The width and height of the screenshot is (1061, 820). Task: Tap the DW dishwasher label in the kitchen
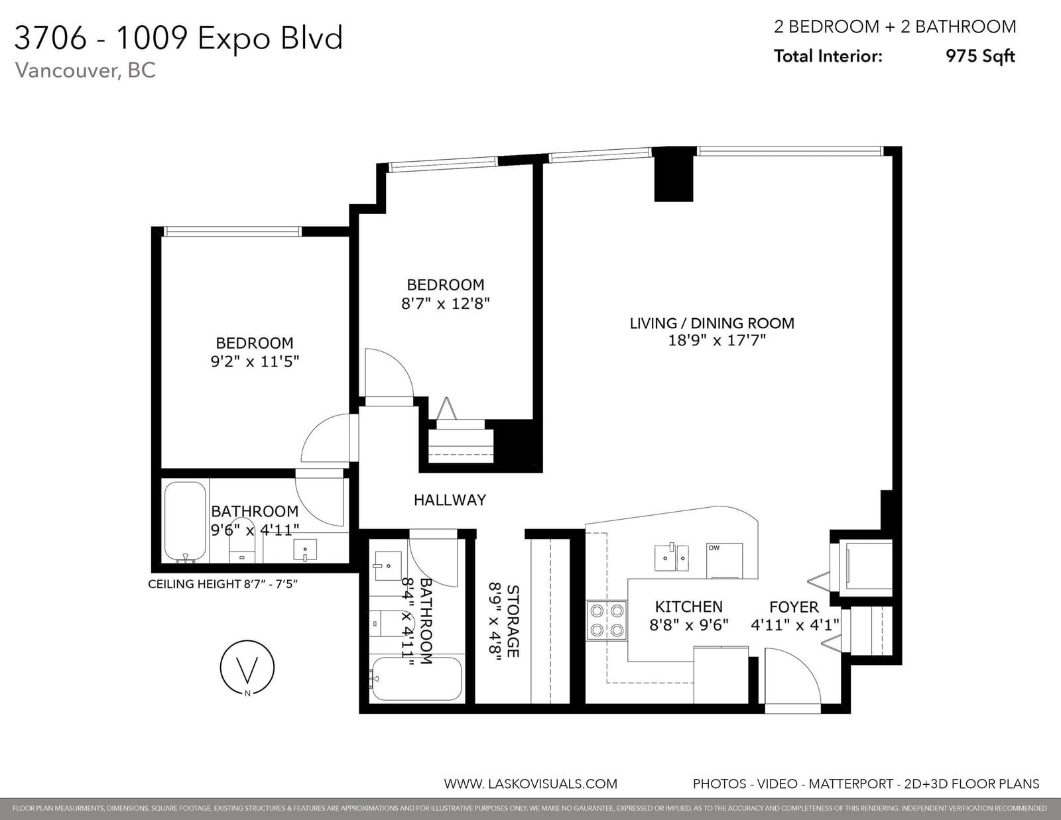pyautogui.click(x=714, y=548)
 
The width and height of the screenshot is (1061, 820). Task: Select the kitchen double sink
pyautogui.click(x=671, y=557)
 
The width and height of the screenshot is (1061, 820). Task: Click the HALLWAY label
pyautogui.click(x=450, y=500)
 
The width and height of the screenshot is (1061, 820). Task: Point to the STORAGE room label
pyautogui.click(x=513, y=621)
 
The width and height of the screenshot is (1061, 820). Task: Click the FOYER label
pyautogui.click(x=794, y=607)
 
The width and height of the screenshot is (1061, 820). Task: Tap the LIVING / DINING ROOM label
pyautogui.click(x=712, y=323)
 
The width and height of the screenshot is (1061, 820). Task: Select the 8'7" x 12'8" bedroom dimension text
pyautogui.click(x=446, y=304)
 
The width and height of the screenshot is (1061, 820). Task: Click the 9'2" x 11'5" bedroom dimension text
pyautogui.click(x=255, y=362)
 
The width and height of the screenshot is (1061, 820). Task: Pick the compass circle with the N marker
pyautogui.click(x=247, y=668)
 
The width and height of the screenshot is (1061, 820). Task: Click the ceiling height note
pyautogui.click(x=223, y=584)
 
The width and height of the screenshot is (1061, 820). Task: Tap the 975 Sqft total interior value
pyautogui.click(x=980, y=56)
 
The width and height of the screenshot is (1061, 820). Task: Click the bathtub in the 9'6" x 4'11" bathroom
pyautogui.click(x=185, y=522)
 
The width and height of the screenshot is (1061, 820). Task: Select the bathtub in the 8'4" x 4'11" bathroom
pyautogui.click(x=416, y=679)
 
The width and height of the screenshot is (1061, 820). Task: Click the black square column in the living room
pyautogui.click(x=674, y=174)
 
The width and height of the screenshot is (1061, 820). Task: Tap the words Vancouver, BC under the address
pyautogui.click(x=86, y=70)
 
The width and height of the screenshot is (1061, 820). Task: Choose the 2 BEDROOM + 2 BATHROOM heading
pyautogui.click(x=895, y=27)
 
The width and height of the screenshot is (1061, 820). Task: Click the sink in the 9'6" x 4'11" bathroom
pyautogui.click(x=305, y=550)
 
